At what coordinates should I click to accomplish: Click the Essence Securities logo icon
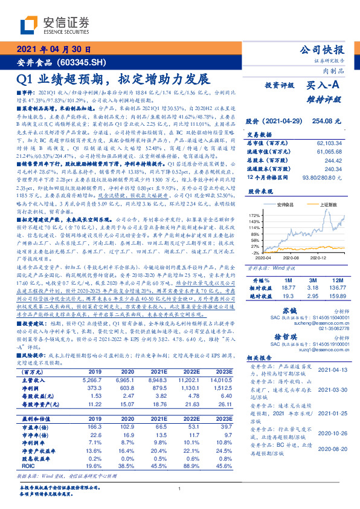coord(30,25)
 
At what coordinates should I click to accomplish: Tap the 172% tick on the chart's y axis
coord(254,215)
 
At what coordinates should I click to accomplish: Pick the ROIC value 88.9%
coord(188,483)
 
